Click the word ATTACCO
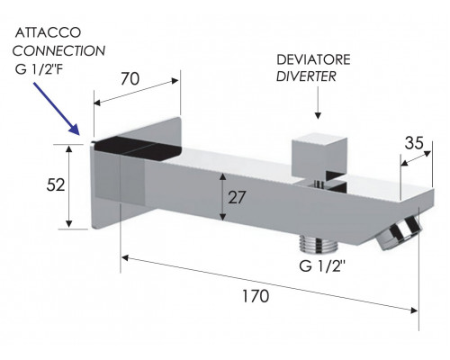(x=48, y=32)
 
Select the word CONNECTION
(x=58, y=51)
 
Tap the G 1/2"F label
(x=40, y=69)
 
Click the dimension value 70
(x=130, y=79)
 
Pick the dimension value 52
(x=56, y=185)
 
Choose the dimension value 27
(x=237, y=197)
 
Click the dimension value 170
(x=256, y=296)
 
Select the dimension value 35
(x=414, y=143)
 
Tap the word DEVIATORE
(x=313, y=59)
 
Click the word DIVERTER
(x=306, y=76)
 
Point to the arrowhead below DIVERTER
(x=318, y=115)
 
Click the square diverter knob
(x=319, y=155)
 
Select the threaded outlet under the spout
(x=319, y=242)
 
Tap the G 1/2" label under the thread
(x=322, y=266)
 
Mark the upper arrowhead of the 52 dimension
(x=69, y=148)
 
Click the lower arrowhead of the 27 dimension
(x=222, y=217)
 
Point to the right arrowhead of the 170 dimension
(x=414, y=310)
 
